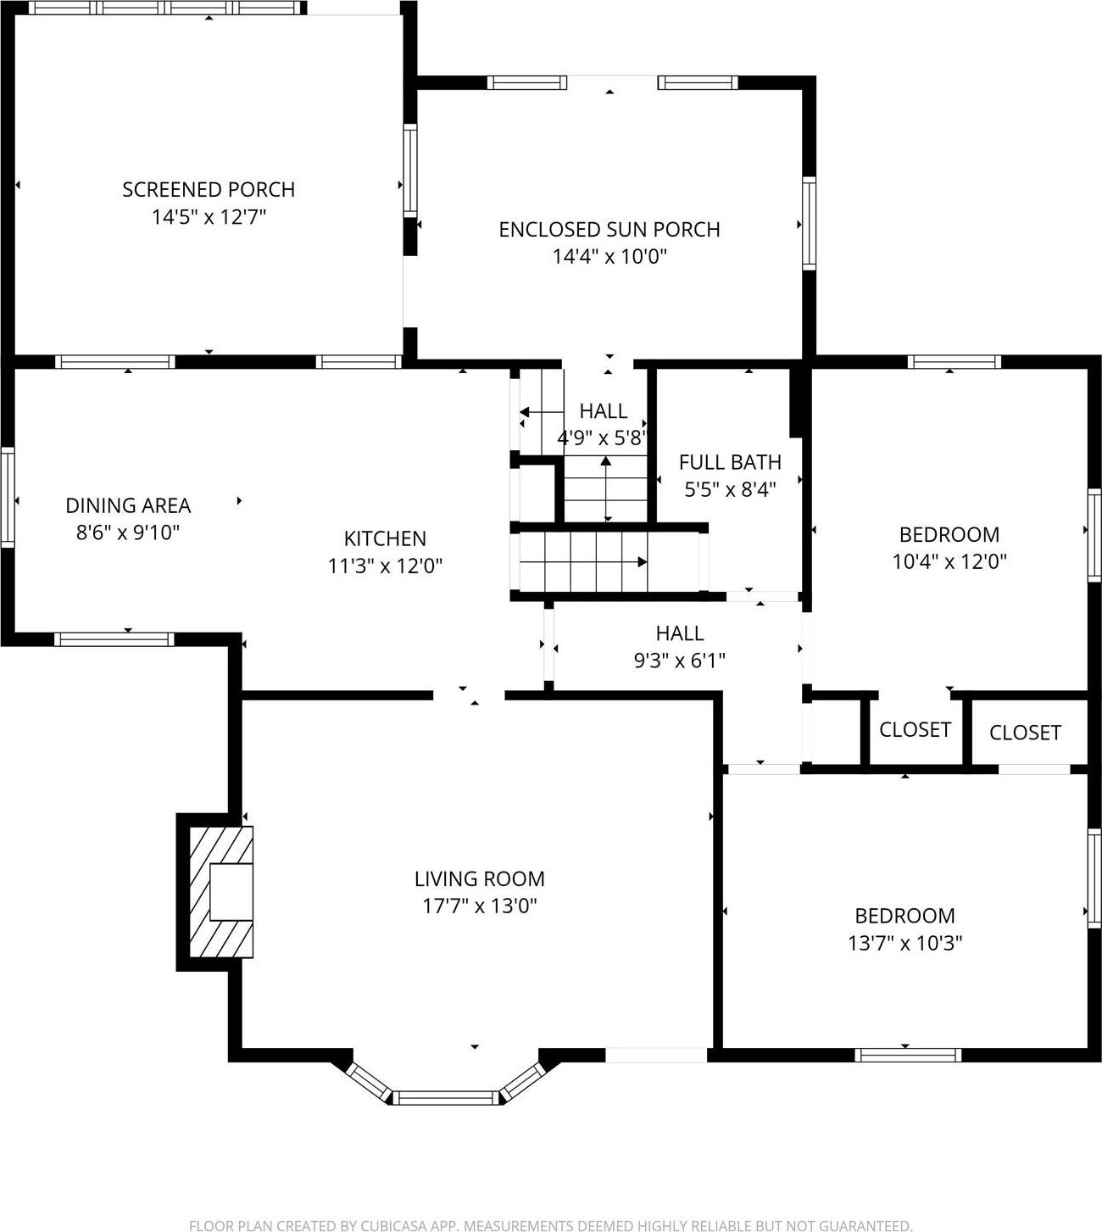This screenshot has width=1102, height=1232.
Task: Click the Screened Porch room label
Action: pyautogui.click(x=209, y=189)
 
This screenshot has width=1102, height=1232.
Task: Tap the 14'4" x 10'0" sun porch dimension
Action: pyautogui.click(x=609, y=256)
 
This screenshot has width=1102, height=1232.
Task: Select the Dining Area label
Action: pyautogui.click(x=128, y=505)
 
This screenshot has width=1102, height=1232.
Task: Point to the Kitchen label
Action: pyautogui.click(x=385, y=538)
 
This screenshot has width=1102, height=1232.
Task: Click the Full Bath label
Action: pyautogui.click(x=730, y=462)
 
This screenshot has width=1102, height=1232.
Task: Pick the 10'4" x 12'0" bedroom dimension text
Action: pyautogui.click(x=949, y=561)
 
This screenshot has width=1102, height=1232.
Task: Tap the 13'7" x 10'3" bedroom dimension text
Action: pyautogui.click(x=904, y=943)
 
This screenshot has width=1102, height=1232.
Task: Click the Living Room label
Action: pyautogui.click(x=479, y=879)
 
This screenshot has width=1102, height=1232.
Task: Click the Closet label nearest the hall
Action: pyautogui.click(x=915, y=730)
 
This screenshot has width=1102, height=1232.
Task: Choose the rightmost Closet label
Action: pyautogui.click(x=1025, y=733)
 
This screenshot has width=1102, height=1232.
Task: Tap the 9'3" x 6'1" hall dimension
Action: pyautogui.click(x=679, y=661)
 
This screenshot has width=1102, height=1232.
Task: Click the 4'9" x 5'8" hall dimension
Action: pyautogui.click(x=603, y=438)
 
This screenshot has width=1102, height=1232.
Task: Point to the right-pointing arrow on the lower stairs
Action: pyautogui.click(x=642, y=562)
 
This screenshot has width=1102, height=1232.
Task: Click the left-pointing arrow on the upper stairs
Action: pyautogui.click(x=525, y=413)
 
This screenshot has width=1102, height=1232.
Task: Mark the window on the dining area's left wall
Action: pyautogui.click(x=8, y=497)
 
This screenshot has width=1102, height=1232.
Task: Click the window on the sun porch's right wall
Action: pyautogui.click(x=809, y=223)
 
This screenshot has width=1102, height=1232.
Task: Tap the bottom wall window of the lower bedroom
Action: pyautogui.click(x=907, y=1055)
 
